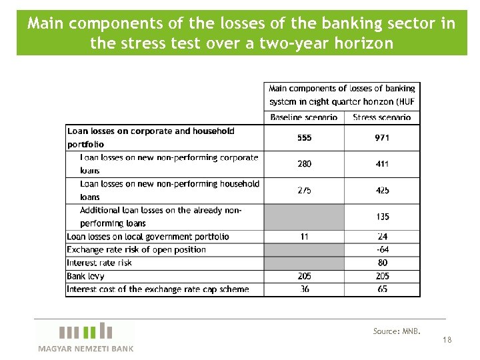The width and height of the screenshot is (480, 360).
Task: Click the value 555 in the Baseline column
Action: [304, 138]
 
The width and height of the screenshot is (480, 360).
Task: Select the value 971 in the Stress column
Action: [383, 138]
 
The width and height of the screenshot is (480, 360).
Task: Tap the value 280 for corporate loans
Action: [304, 164]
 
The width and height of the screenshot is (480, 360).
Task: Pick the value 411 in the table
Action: [383, 164]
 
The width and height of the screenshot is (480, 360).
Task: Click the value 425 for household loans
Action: [383, 191]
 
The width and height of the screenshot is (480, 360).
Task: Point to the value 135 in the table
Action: [383, 217]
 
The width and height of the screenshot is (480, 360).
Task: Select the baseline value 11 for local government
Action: [304, 237]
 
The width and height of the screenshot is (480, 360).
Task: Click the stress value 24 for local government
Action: [383, 237]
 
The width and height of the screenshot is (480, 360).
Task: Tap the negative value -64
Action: [383, 249]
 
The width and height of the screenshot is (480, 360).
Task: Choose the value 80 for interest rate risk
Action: [383, 263]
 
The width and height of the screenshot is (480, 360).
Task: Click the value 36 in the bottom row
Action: [304, 289]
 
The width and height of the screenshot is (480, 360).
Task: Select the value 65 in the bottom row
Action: [383, 289]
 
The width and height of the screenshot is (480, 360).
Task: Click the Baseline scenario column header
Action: [304, 117]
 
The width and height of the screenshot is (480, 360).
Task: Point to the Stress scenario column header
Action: [383, 117]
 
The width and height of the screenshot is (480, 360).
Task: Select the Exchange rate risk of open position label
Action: [136, 249]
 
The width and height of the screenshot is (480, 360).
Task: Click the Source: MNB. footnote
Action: [397, 331]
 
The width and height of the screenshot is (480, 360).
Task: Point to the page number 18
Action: [447, 340]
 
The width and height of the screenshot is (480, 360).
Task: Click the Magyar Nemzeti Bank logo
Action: [85, 337]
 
